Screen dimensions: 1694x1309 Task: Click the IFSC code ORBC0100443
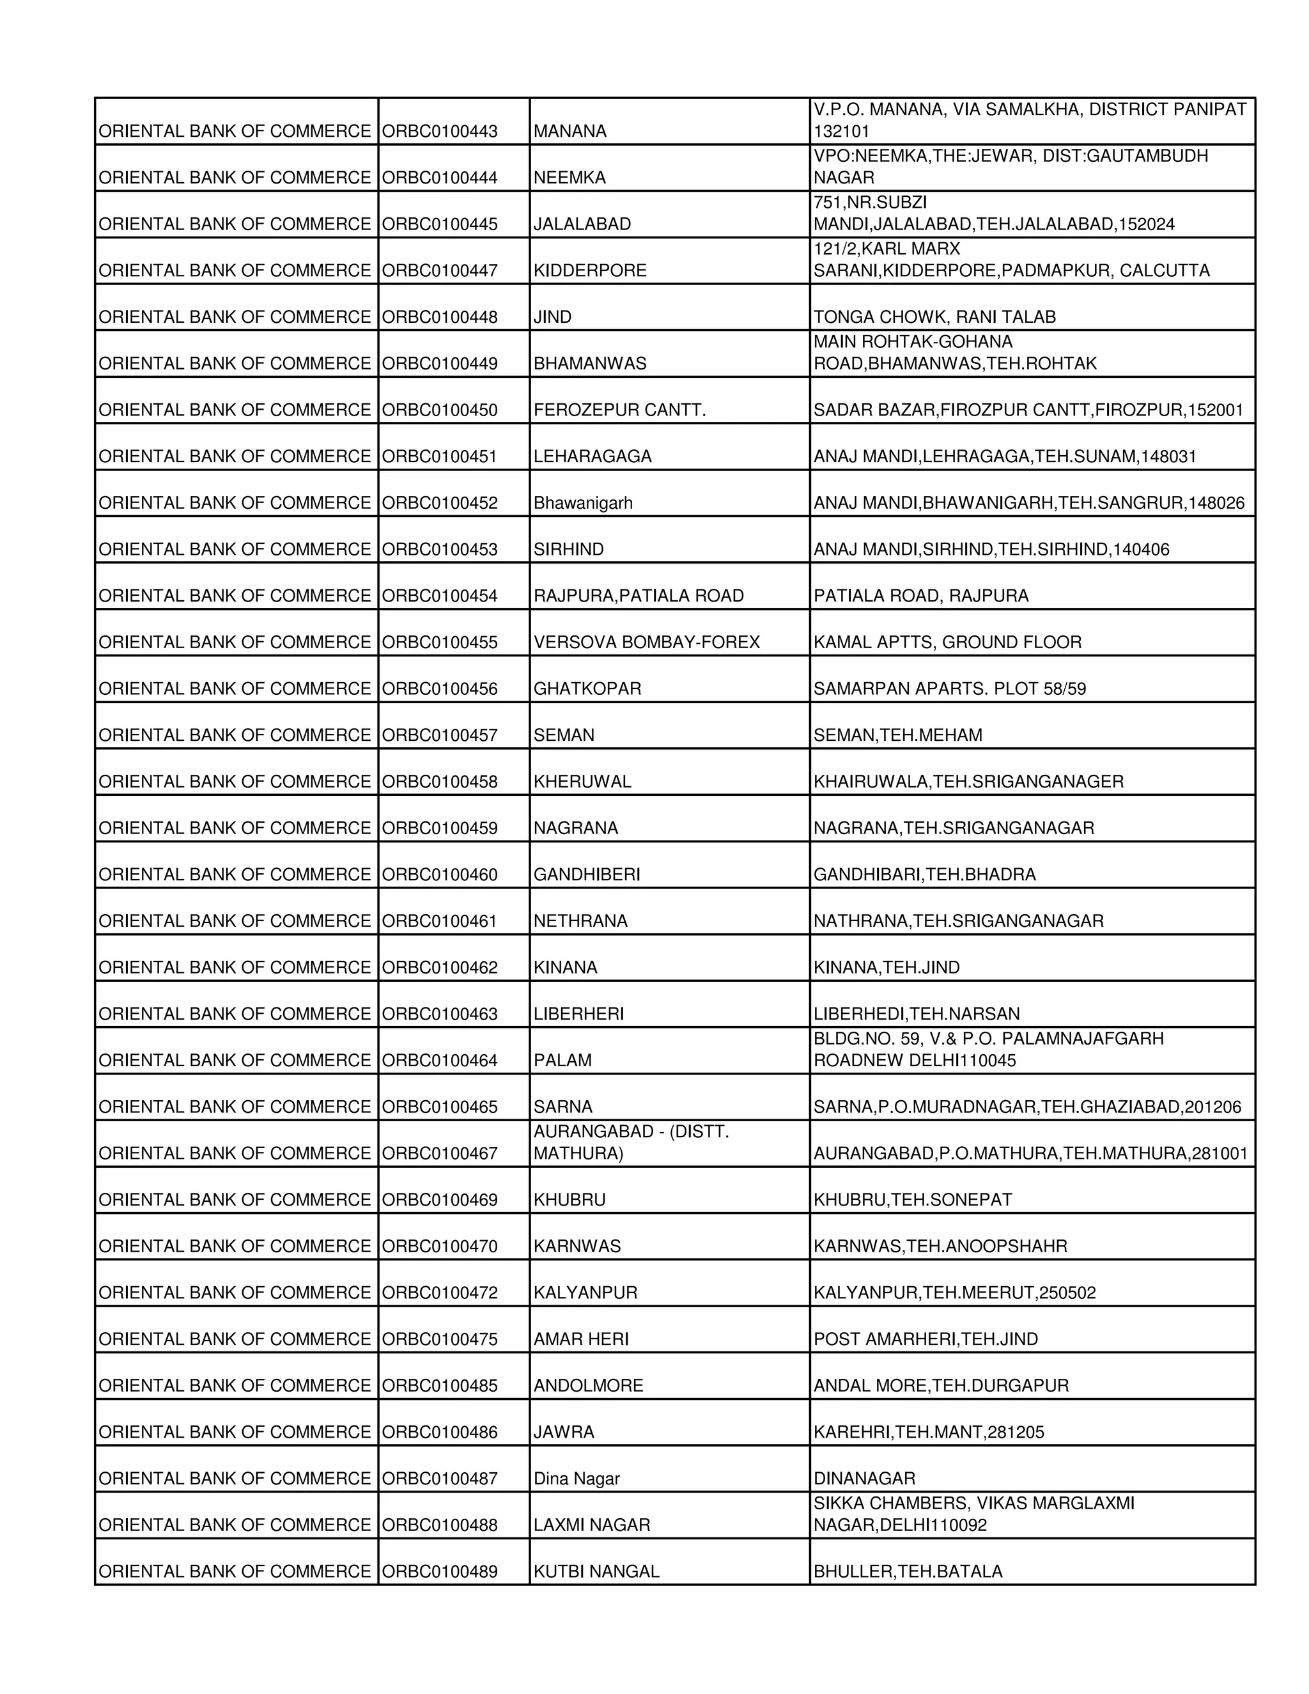tap(439, 131)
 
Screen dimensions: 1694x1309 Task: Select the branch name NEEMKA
tap(569, 178)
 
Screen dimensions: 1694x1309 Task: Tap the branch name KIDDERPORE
tap(589, 270)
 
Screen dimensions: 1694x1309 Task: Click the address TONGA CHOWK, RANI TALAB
tap(934, 317)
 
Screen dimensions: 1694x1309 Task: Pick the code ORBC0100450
tap(439, 410)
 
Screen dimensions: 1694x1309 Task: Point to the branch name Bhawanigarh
tap(582, 503)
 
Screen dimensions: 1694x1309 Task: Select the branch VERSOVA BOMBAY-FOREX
tap(646, 642)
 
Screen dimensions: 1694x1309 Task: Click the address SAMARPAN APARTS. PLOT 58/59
tap(949, 688)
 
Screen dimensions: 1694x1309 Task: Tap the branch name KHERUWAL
tap(582, 782)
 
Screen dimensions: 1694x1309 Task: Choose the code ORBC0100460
tap(439, 875)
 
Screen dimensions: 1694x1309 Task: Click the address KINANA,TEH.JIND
tap(886, 968)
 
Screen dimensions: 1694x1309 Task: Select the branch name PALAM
tap(562, 1061)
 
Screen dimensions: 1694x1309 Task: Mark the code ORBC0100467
tap(439, 1153)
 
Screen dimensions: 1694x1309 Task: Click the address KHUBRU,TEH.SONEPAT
tap(912, 1200)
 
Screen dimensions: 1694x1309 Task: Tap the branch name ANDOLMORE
tap(588, 1386)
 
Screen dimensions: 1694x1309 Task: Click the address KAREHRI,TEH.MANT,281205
tap(928, 1433)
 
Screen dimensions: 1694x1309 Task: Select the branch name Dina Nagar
tap(576, 1479)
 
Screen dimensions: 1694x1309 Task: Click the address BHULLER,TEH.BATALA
tap(908, 1571)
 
